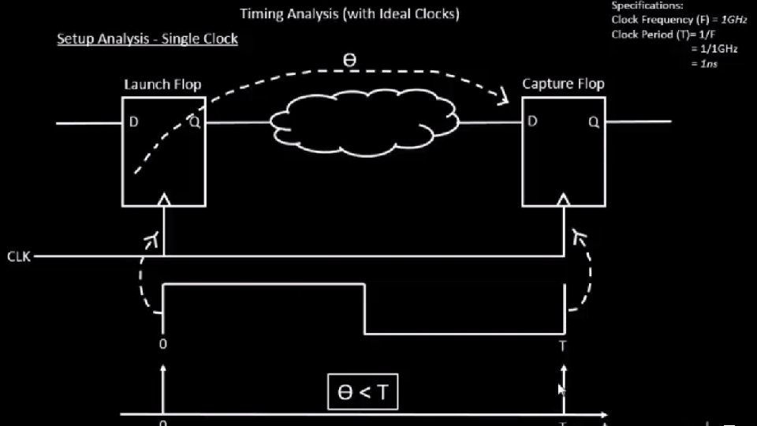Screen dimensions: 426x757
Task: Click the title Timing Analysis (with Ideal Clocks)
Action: point(349,13)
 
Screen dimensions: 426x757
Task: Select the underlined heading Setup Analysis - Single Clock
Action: point(147,39)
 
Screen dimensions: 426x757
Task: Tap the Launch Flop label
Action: point(162,84)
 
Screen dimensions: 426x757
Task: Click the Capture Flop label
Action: point(563,84)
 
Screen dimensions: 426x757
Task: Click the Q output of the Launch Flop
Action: point(193,122)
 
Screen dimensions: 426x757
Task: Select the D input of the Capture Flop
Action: point(534,121)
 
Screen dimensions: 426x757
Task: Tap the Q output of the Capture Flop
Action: point(593,122)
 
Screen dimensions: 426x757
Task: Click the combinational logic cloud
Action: point(364,123)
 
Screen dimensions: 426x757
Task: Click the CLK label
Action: point(19,257)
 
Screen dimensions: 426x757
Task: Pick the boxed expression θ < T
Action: point(363,392)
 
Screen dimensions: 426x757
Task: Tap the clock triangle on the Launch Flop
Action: point(164,201)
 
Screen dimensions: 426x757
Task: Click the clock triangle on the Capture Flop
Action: point(563,201)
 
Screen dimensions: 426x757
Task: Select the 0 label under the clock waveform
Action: point(163,345)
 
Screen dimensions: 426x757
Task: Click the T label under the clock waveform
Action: point(563,346)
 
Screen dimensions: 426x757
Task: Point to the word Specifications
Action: point(647,6)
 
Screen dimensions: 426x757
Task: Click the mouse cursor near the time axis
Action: point(561,390)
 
